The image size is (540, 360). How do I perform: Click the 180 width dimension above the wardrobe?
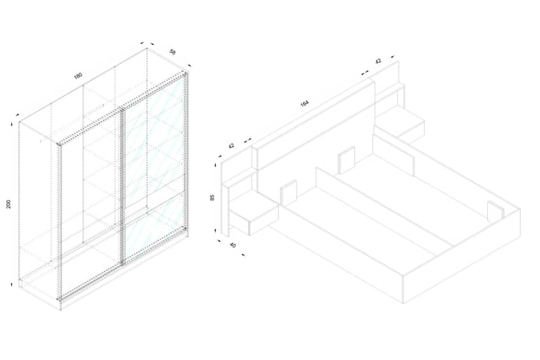79,75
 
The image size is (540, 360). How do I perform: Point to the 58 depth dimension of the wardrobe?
173,51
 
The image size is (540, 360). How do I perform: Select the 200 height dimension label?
8,204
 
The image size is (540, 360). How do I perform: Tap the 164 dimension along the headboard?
304,103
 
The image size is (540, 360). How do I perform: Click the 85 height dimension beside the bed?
212,198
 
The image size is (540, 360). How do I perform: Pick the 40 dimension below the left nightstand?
233,245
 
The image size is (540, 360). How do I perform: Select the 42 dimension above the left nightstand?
231,146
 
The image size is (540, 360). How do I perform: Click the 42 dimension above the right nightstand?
378,61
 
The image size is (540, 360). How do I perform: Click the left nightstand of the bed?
254,214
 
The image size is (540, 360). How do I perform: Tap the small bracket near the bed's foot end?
496,211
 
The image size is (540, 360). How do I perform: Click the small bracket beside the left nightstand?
288,193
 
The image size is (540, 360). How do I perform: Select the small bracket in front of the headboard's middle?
347,160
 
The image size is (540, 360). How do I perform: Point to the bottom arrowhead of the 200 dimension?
11,284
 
